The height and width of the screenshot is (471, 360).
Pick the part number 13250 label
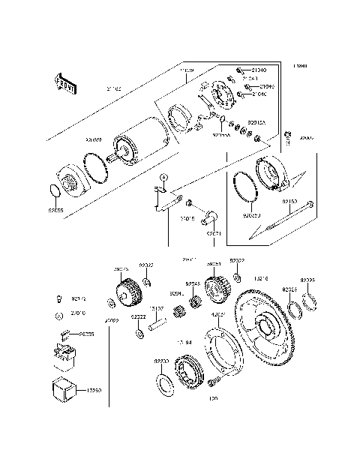(95, 391)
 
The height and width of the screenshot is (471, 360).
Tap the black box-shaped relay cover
(65, 391)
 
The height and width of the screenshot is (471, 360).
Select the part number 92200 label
(163, 361)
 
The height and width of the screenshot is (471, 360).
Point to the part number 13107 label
(156, 308)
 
